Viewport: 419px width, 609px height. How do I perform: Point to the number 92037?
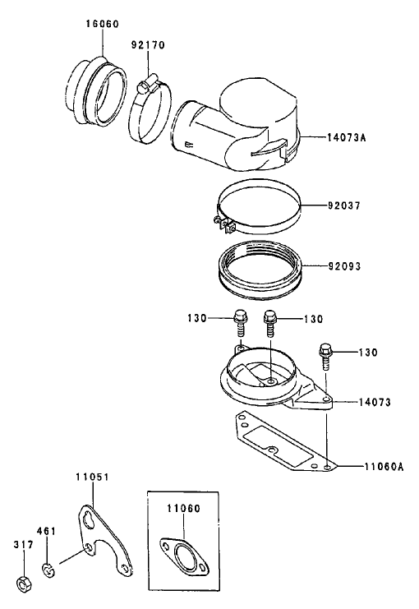(345, 204)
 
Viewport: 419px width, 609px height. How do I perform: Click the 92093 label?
(345, 266)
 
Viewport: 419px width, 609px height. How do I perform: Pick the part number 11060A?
(384, 465)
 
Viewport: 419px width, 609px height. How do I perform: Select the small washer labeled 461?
(49, 568)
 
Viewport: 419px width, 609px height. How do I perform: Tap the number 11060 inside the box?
(184, 509)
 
